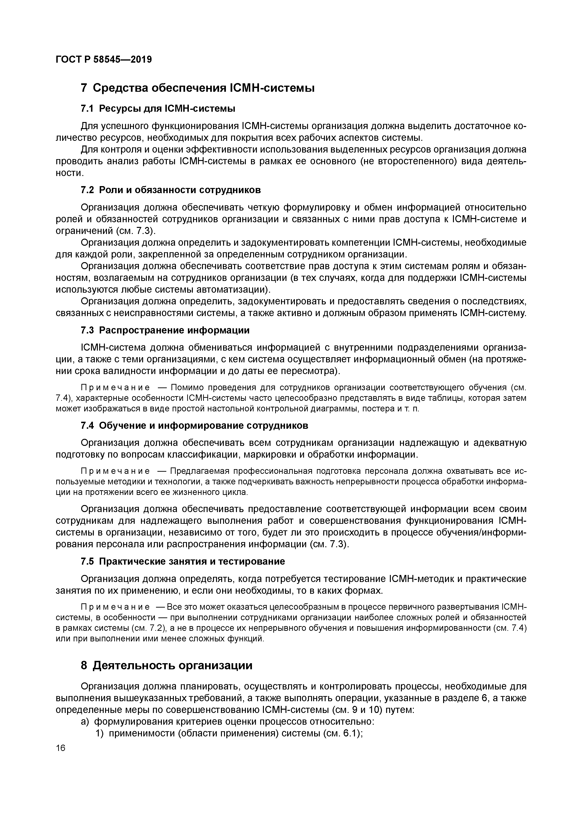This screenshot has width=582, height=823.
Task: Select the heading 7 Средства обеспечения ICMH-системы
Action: click(x=198, y=88)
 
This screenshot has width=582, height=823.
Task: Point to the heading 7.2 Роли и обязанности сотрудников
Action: click(x=171, y=190)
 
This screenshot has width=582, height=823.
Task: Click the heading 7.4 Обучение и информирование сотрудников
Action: click(x=195, y=425)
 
